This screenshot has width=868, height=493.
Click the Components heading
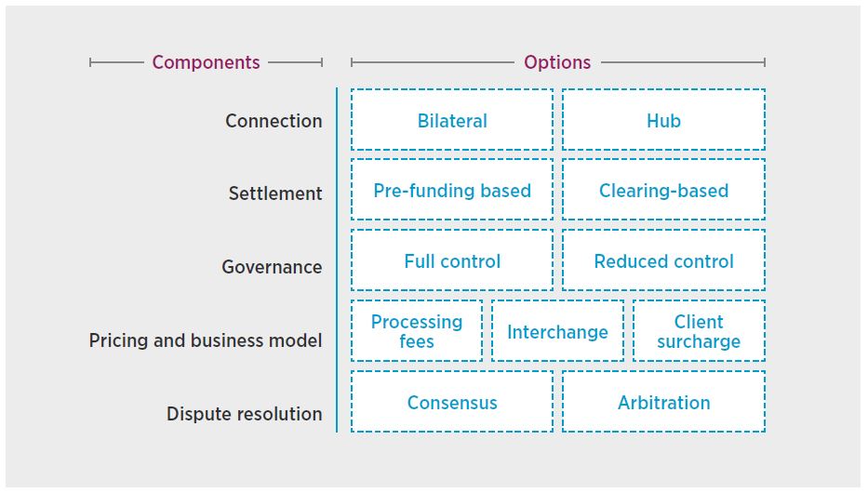pyautogui.click(x=206, y=62)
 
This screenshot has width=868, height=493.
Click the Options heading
pyautogui.click(x=557, y=62)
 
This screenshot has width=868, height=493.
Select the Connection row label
pyautogui.click(x=274, y=121)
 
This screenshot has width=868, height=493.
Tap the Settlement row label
pyautogui.click(x=275, y=193)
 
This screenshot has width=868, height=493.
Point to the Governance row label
pyautogui.click(x=272, y=267)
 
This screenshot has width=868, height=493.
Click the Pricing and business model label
pyautogui.click(x=206, y=340)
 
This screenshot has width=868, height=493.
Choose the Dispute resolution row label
pyautogui.click(x=245, y=414)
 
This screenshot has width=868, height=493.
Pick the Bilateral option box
pyautogui.click(x=452, y=120)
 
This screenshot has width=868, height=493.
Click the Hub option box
pyautogui.click(x=663, y=120)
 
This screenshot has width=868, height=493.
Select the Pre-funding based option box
pyautogui.click(x=452, y=190)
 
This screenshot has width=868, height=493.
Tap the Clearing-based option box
pyautogui.click(x=663, y=190)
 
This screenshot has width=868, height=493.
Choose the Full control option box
pyautogui.click(x=452, y=260)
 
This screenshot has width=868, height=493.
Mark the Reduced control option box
pyautogui.click(x=663, y=260)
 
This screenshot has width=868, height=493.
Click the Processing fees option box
pyautogui.click(x=417, y=331)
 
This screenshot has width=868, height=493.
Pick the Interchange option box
pyautogui.click(x=557, y=331)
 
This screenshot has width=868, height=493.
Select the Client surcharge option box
pyautogui.click(x=699, y=331)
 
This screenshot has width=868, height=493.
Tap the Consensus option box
pyautogui.click(x=452, y=402)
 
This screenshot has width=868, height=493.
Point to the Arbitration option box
pyautogui.click(x=663, y=402)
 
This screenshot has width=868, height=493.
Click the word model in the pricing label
pyautogui.click(x=297, y=340)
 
